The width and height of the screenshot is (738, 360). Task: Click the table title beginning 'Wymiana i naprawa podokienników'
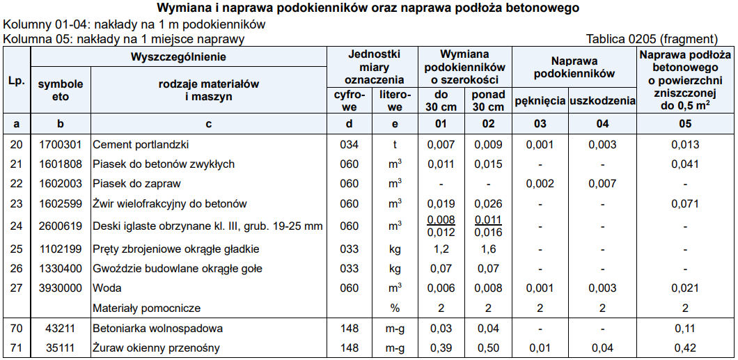pos(368,9)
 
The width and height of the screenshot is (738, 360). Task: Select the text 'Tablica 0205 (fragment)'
pos(652,39)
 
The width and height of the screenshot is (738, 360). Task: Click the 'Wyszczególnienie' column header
pos(179,57)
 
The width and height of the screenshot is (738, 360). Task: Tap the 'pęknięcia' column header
pos(540,101)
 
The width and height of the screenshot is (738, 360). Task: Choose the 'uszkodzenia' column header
pos(602,101)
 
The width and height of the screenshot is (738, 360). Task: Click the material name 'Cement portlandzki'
pos(141,145)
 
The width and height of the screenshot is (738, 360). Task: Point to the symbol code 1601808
pos(61,164)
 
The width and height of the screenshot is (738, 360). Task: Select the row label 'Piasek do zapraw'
pos(136,184)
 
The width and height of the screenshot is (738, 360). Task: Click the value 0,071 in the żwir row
pos(685,204)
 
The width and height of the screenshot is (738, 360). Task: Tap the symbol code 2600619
pos(61,226)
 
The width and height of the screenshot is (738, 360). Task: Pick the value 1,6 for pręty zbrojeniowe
pos(488,249)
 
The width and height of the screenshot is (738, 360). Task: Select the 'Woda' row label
pos(107,288)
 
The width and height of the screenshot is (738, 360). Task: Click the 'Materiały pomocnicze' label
pos(146,308)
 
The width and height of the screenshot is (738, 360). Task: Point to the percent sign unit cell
pos(395,308)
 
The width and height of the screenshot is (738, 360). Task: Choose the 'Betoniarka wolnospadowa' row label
pos(157,328)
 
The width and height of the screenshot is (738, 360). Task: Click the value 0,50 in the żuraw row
pos(488,347)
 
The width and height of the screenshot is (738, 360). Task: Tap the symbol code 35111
pos(61,347)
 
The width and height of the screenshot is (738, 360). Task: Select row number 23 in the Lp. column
pos(16,204)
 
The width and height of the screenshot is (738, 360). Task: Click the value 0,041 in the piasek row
pos(685,164)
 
